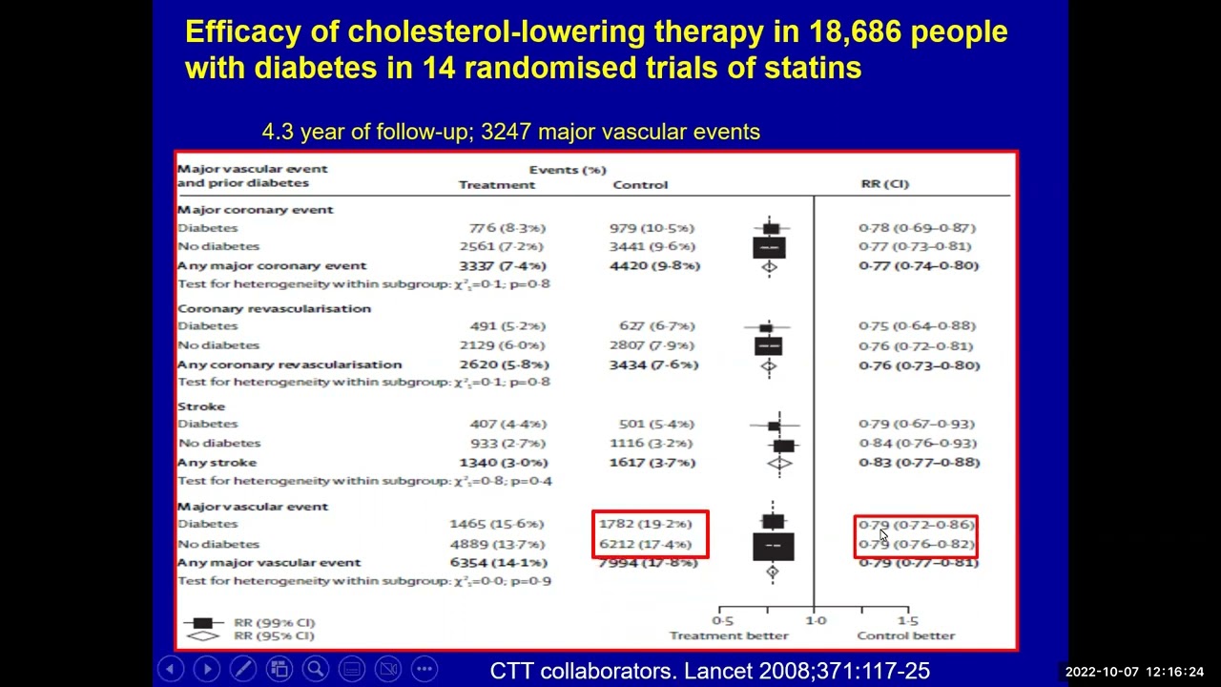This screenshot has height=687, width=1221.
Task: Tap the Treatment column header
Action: [x=497, y=185]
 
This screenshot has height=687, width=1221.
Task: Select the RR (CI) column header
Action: [x=884, y=184]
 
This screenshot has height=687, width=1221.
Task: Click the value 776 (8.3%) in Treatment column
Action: [x=507, y=228]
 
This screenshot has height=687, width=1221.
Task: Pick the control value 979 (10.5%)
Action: [x=652, y=228]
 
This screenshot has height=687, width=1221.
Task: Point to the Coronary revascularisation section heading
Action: [x=274, y=308]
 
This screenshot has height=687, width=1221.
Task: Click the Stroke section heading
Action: [x=201, y=406]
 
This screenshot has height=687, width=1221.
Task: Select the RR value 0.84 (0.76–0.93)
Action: [x=917, y=443]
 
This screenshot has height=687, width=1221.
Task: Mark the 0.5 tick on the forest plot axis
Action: [x=722, y=620]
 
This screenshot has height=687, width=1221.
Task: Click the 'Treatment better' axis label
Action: [x=729, y=635]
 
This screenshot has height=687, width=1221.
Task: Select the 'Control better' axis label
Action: [x=905, y=635]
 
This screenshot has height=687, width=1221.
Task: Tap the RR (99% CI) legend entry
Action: [x=274, y=622]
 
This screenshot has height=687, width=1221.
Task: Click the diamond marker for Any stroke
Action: [x=779, y=464]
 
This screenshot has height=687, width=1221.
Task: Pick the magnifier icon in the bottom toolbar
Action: [x=315, y=669]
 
